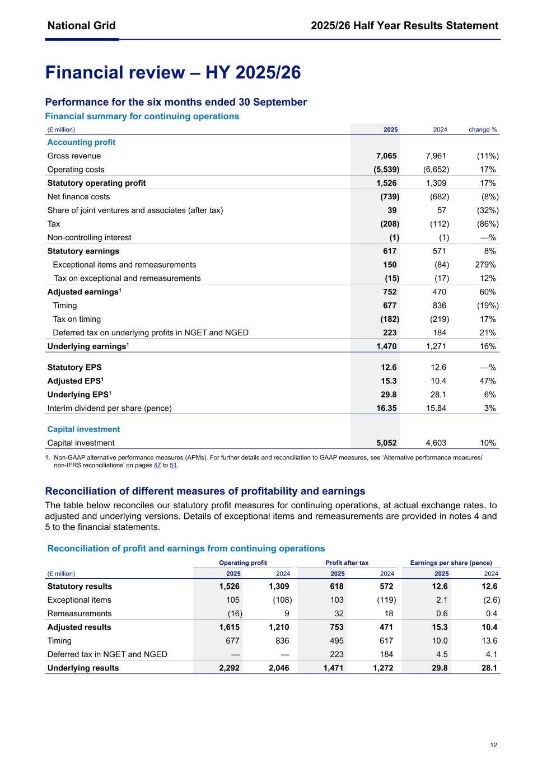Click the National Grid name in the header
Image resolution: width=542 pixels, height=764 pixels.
click(x=81, y=25)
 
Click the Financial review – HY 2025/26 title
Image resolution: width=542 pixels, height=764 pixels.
click(x=172, y=73)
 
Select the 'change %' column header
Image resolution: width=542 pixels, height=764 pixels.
click(x=482, y=130)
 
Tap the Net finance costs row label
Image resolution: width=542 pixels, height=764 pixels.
click(x=78, y=197)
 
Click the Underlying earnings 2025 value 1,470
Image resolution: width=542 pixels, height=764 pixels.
click(x=386, y=346)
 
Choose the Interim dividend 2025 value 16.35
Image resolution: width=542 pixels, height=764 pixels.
click(x=386, y=409)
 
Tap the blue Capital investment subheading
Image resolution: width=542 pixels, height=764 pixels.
click(x=83, y=429)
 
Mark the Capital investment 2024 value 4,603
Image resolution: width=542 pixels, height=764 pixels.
click(x=436, y=443)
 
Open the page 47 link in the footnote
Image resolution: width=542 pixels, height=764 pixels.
click(x=157, y=465)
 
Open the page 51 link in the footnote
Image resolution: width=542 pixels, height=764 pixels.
click(x=173, y=465)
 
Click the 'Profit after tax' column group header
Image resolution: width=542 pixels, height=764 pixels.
click(x=347, y=563)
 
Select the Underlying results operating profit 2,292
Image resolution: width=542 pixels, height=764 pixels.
click(x=229, y=668)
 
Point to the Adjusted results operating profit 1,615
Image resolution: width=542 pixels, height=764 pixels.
click(x=229, y=627)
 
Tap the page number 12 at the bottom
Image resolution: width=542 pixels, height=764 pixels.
click(x=493, y=745)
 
